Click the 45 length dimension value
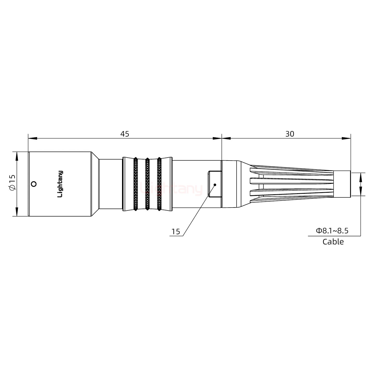(124, 134)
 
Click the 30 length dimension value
(290, 134)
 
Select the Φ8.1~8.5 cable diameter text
(332, 231)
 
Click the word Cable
(333, 242)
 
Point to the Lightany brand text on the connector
(60, 184)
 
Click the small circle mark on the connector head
(33, 184)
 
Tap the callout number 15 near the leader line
(176, 232)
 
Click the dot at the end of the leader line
(215, 185)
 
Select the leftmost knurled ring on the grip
(135, 184)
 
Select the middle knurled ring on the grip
(147, 184)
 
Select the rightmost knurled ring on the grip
(159, 184)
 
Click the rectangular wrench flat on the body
(214, 184)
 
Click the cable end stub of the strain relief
(342, 184)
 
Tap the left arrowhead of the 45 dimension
(32, 138)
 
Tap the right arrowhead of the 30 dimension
(346, 138)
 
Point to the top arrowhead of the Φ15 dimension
(17, 156)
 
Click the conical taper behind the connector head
(95, 184)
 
